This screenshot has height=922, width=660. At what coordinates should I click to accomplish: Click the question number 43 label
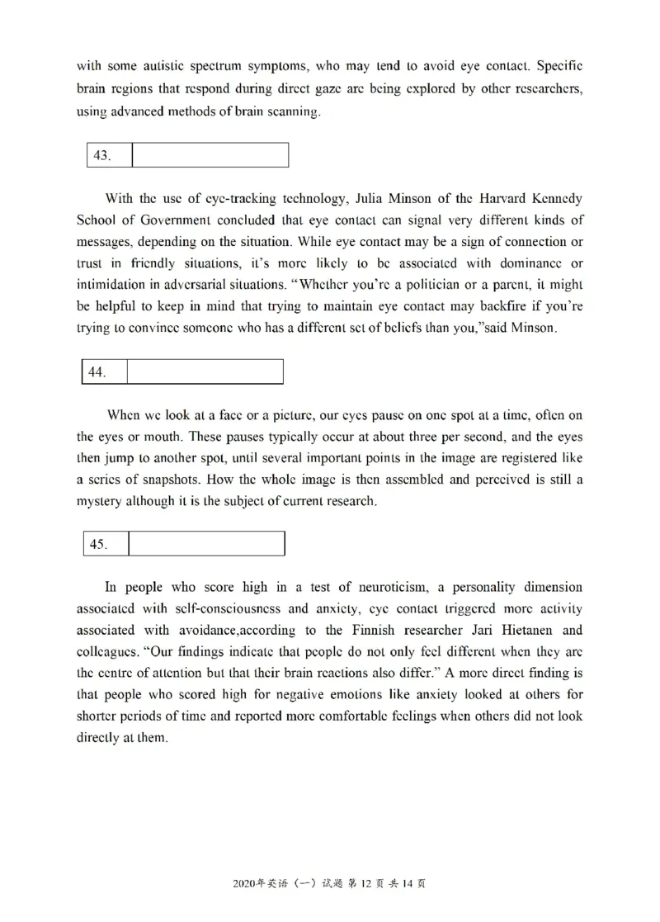[102, 155]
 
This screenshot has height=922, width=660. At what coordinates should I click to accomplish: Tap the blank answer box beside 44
[205, 371]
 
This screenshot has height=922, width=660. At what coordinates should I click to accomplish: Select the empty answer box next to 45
[206, 544]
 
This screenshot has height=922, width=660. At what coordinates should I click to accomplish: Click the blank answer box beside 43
[210, 155]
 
